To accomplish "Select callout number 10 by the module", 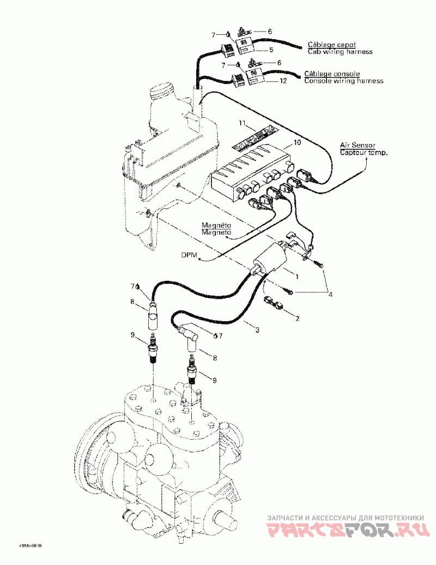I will click(296, 142).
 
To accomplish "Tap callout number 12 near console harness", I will click(282, 81).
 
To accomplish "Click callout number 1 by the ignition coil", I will click(297, 277).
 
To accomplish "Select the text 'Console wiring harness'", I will click(343, 81).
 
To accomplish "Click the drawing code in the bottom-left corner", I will click(31, 545).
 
